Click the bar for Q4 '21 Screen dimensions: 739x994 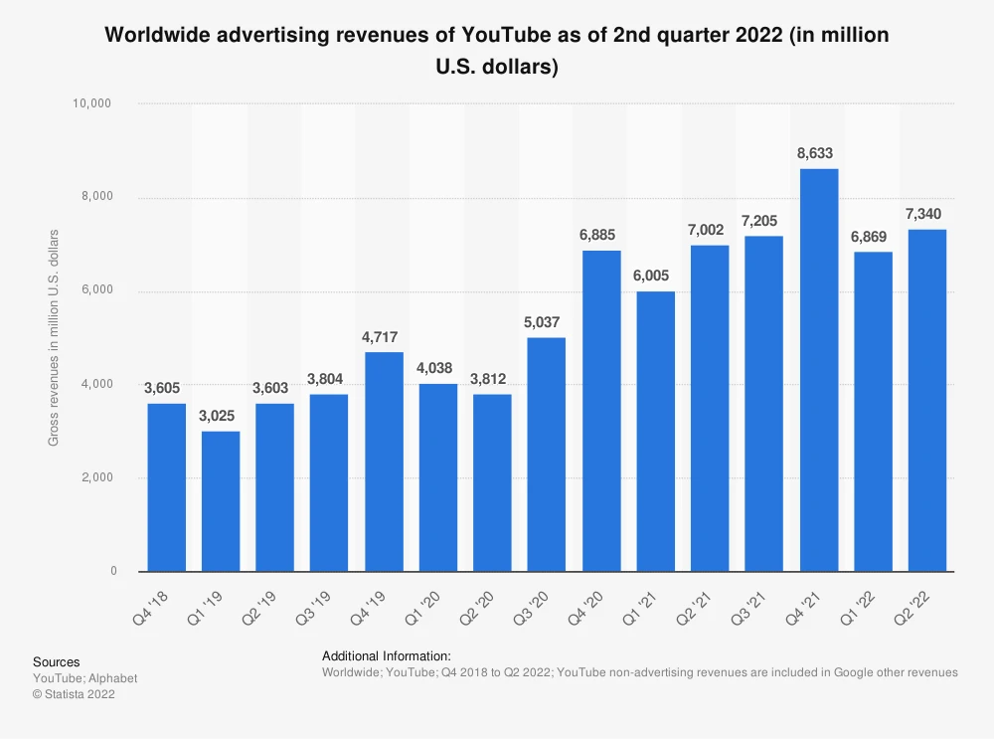pyautogui.click(x=818, y=370)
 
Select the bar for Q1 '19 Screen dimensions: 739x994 pyautogui.click(x=221, y=501)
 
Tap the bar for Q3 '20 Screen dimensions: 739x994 pyautogui.click(x=547, y=455)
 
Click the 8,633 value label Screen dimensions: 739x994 pyautogui.click(x=818, y=154)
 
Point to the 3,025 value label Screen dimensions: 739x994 pyautogui.click(x=221, y=416)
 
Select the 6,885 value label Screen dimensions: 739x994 pyautogui.click(x=601, y=236)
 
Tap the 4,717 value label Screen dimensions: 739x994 pyautogui.click(x=384, y=337)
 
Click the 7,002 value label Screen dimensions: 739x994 pyautogui.click(x=710, y=230)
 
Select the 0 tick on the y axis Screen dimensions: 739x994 pyautogui.click(x=112, y=572)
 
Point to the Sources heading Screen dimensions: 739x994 pyautogui.click(x=57, y=662)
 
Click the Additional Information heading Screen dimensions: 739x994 pyautogui.click(x=387, y=656)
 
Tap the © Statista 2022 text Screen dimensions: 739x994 pyautogui.click(x=75, y=694)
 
